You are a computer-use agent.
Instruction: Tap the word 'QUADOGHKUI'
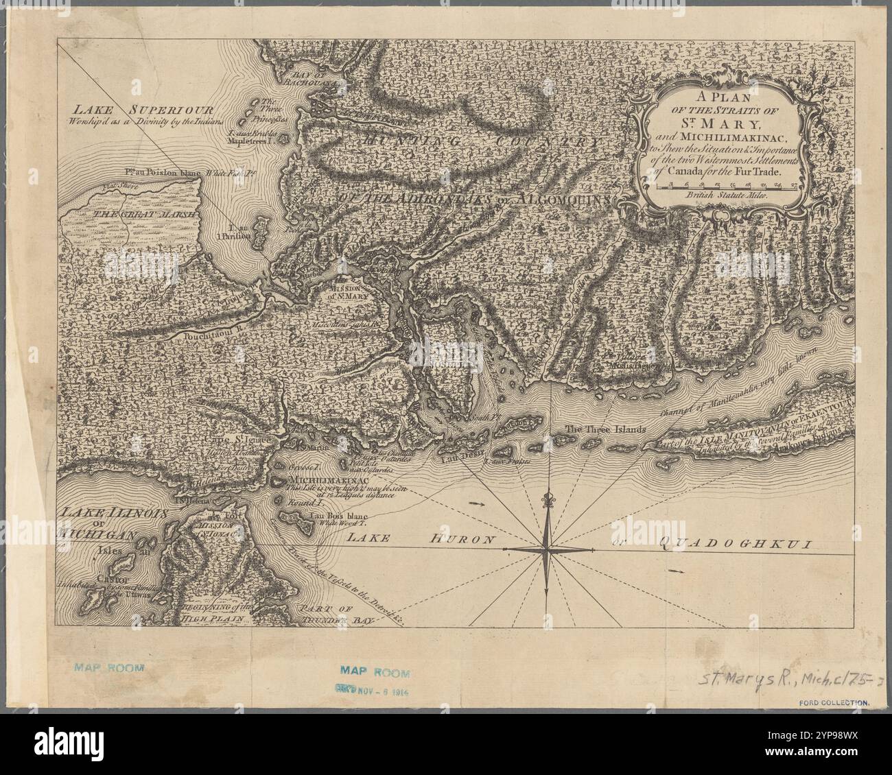[x=734, y=545]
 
